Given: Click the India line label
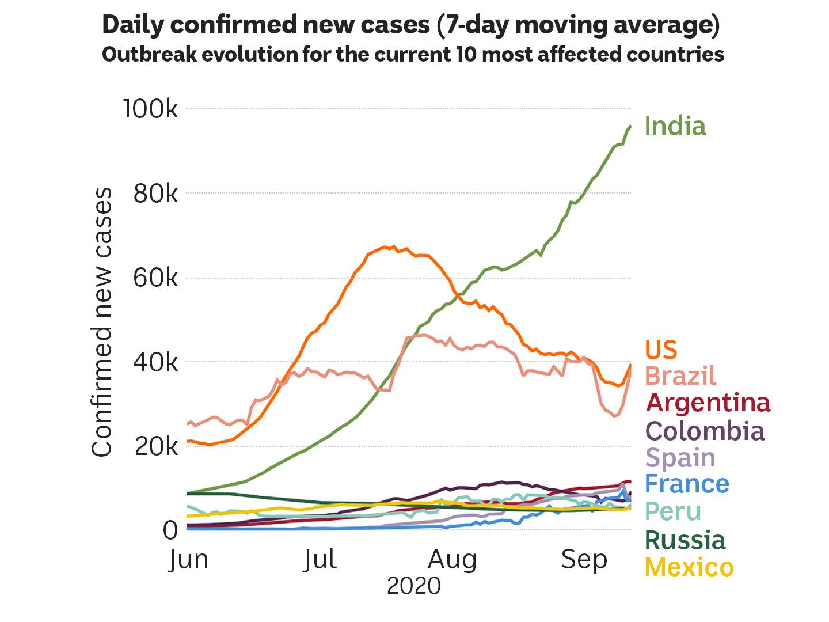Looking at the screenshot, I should point(675,126).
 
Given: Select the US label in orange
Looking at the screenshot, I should point(661,350).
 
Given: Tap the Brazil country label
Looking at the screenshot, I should point(680,376).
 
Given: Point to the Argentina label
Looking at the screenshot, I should point(708,403).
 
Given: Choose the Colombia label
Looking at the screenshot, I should point(705,431).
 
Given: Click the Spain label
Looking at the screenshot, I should point(680,458).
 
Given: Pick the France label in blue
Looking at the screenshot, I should point(687,484).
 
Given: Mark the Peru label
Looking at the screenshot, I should point(673,511).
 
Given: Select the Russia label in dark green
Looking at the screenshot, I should point(685,540).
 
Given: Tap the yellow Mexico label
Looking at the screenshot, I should point(689,567).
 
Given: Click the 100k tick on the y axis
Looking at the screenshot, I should point(151,109).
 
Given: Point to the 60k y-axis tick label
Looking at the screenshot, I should point(155,278).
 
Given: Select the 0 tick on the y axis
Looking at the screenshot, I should point(170,530).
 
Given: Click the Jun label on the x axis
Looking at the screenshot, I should point(188,559).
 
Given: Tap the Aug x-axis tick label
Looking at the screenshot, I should point(452,559).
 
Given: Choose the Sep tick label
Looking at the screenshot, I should point(584,559).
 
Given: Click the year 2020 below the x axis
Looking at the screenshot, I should point(413,586).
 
